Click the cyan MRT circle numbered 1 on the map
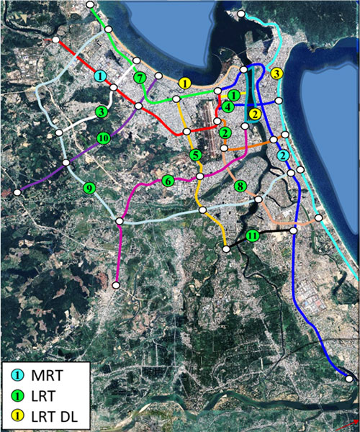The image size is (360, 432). (101, 76)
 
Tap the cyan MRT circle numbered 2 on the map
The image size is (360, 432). (284, 156)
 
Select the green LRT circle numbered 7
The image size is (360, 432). (139, 77)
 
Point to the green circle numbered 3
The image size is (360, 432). (102, 112)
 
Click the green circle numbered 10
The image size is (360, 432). (104, 138)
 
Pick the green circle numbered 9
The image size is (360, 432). (89, 189)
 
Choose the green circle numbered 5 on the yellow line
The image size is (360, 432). (195, 155)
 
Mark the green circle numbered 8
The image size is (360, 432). (240, 186)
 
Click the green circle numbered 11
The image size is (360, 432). (252, 236)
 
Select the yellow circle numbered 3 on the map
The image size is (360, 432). (276, 73)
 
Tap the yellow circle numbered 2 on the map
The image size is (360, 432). (254, 114)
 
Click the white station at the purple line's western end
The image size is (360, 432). (17, 192)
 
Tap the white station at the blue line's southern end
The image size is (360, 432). (349, 379)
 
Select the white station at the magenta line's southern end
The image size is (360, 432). (116, 286)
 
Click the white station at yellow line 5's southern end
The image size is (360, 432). (226, 249)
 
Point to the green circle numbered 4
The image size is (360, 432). (228, 107)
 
